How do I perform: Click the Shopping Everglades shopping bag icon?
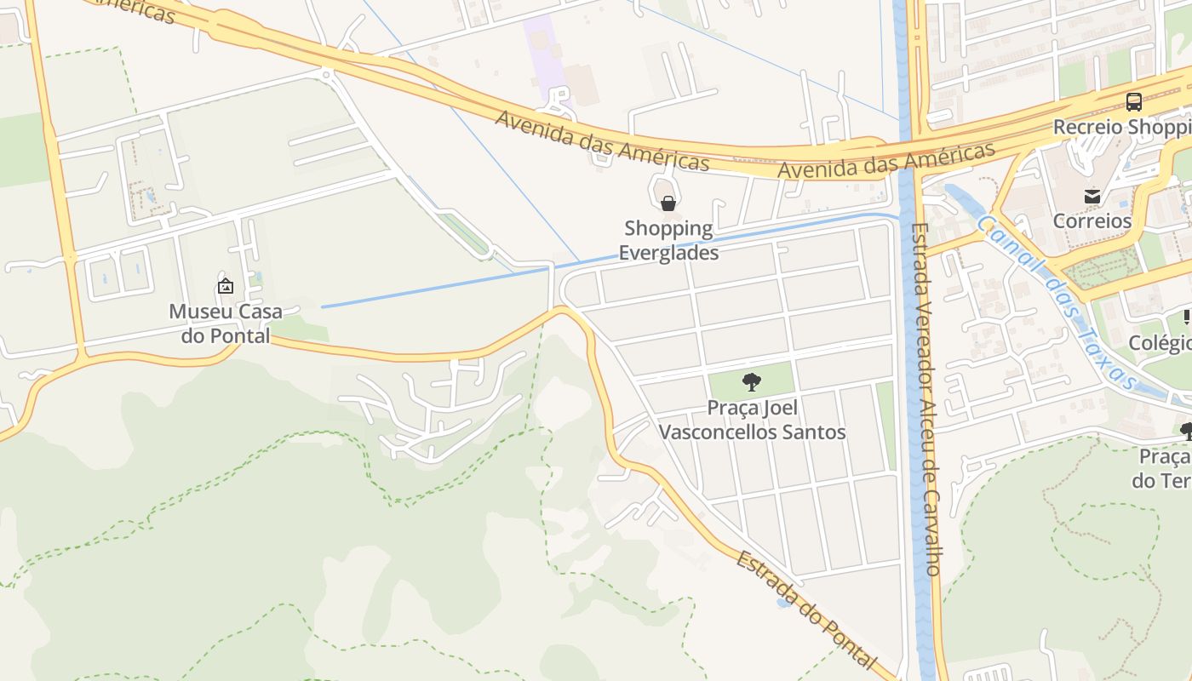pos(668,203)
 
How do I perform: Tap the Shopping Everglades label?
pos(668,240)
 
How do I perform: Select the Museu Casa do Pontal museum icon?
pos(226,286)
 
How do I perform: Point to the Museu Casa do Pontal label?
pos(226,323)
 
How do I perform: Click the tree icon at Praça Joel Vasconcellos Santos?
pos(751,381)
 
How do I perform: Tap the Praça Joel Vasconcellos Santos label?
pos(753,420)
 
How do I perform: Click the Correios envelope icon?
pos(1092,197)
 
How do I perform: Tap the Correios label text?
pos(1092,221)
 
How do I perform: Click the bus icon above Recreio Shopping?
pos(1133,102)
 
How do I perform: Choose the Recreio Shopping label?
pos(1122,127)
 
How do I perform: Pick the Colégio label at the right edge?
pos(1160,343)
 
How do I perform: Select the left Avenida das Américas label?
pos(602,140)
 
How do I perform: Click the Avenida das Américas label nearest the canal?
pos(886,161)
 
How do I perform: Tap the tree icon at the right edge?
pos(1186,431)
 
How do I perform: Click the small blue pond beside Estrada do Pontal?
pos(782,603)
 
